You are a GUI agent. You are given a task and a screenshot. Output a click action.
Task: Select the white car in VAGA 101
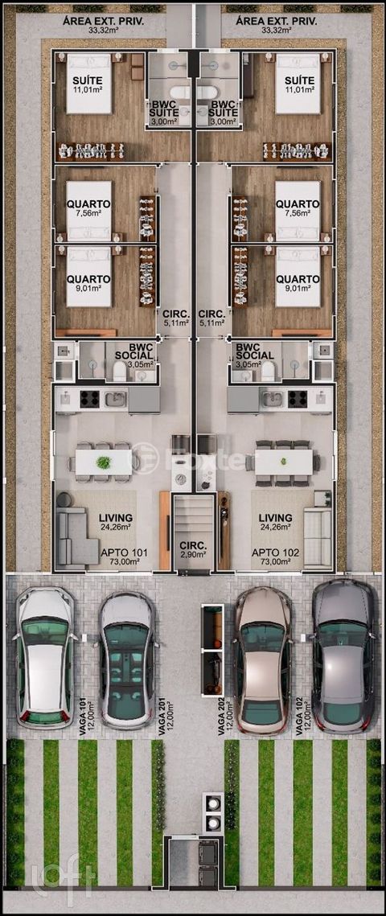click(x=46, y=657)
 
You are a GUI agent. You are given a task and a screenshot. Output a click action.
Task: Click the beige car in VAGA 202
click(x=264, y=660)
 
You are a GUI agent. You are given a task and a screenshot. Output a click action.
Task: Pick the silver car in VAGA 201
click(x=126, y=660)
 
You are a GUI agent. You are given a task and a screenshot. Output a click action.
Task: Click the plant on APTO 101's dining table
click(x=103, y=462)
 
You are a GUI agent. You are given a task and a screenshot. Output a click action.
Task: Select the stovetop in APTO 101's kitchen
click(x=89, y=398)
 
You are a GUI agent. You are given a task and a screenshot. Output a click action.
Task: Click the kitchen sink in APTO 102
click(x=272, y=398)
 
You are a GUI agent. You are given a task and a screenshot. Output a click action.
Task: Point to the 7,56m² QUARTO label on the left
click(x=88, y=208)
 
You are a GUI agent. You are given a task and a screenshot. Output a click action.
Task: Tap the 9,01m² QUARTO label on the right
click(x=298, y=283)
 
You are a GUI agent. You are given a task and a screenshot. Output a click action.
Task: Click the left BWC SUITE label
click(x=167, y=112)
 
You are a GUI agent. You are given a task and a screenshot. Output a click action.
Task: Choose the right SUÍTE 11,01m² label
click(x=298, y=84)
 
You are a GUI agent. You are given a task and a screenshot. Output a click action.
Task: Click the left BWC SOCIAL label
click(x=133, y=355)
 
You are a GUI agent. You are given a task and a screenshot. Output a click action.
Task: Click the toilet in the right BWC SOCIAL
click(x=268, y=370)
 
